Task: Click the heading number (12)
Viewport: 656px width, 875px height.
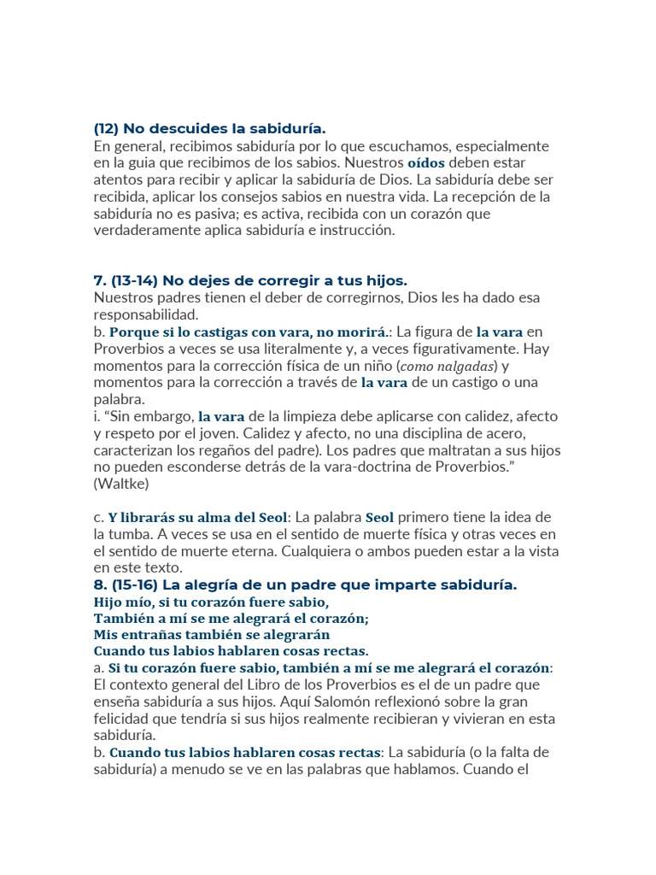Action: click(106, 129)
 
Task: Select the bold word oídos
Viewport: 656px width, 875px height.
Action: click(426, 162)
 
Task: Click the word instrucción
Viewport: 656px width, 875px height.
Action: click(352, 230)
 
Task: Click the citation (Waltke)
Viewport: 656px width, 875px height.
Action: click(120, 484)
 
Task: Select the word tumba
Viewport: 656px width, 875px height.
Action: click(140, 534)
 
